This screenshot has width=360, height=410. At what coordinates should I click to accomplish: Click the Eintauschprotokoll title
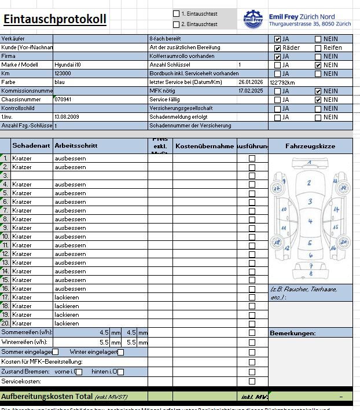(55, 19)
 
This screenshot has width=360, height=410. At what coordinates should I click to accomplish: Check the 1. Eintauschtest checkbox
(177, 13)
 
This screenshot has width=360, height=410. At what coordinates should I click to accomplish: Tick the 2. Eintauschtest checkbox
(177, 24)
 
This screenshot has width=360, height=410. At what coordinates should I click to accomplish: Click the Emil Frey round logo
(253, 19)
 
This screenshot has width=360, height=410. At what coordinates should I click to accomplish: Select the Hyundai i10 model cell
(68, 65)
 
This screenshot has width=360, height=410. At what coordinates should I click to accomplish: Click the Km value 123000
(63, 74)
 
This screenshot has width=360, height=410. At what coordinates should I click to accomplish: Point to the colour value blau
(60, 82)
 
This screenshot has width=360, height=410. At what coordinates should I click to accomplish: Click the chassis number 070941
(63, 100)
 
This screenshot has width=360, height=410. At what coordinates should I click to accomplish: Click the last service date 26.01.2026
(251, 82)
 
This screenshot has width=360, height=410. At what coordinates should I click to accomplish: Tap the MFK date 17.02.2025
(251, 91)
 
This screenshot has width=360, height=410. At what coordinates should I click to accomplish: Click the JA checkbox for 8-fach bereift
(278, 39)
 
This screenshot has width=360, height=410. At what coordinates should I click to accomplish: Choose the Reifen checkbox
(318, 48)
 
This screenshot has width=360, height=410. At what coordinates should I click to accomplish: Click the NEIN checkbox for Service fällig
(318, 100)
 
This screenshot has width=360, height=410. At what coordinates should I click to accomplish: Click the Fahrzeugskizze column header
(310, 147)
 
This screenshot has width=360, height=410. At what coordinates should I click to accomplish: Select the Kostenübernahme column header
(204, 147)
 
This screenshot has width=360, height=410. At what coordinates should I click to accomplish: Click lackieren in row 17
(67, 297)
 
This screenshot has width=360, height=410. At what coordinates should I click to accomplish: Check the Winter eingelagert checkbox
(121, 352)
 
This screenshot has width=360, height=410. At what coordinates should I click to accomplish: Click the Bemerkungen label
(292, 334)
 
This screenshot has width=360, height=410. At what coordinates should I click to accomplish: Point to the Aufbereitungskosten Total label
(47, 397)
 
